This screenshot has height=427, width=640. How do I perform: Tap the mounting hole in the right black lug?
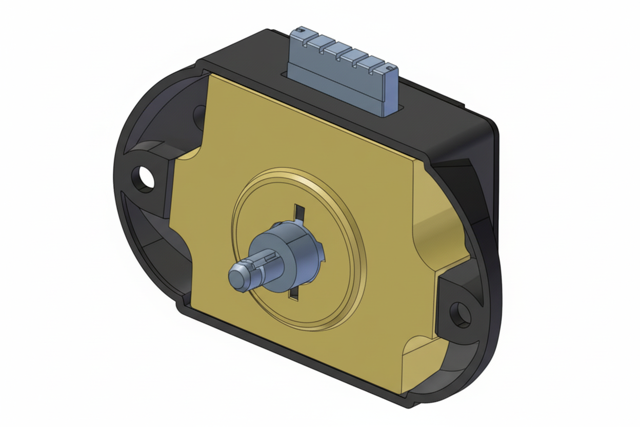pos(459,314)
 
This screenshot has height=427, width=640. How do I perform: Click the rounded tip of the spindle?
pos(237,278)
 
